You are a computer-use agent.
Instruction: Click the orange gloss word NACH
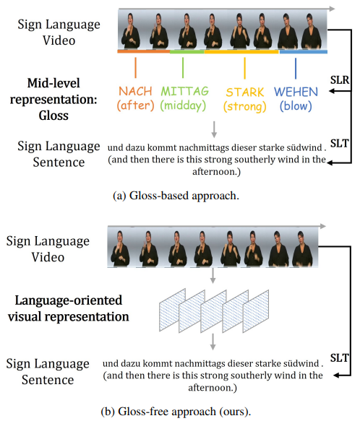[135, 91]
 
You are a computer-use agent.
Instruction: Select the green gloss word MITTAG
[185, 91]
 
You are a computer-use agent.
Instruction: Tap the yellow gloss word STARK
[245, 92]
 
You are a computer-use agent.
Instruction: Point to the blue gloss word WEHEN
[296, 92]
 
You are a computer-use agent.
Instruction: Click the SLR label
[340, 80]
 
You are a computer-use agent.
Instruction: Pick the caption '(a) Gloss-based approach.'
[176, 196]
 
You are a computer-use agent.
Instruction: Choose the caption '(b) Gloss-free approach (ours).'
[176, 412]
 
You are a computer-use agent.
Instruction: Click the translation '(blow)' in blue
[296, 106]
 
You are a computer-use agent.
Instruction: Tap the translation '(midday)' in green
[183, 105]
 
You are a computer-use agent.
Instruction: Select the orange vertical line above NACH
[135, 68]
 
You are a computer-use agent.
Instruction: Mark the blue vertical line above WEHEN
[296, 69]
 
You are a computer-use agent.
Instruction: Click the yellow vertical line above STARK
[244, 68]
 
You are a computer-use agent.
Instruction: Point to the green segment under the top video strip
[187, 51]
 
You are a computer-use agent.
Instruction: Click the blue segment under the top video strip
[304, 52]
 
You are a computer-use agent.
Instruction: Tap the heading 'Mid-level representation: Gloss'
[53, 100]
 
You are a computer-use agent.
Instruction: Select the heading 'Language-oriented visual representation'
[68, 308]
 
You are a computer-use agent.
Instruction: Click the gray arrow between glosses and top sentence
[214, 129]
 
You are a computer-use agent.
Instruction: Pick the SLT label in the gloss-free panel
[339, 358]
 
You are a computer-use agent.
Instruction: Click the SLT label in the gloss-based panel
[339, 144]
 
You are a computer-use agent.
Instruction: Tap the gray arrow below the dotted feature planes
[213, 342]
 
